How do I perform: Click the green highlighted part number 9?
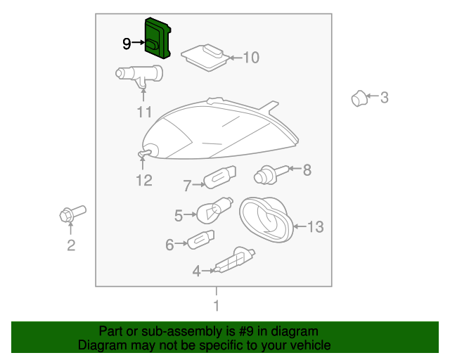(157, 38)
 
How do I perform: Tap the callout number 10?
(251, 58)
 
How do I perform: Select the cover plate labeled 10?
(205, 58)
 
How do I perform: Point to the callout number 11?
(144, 112)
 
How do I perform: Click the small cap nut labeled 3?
(359, 98)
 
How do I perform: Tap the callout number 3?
(385, 97)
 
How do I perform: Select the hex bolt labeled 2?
(72, 214)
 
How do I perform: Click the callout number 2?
(71, 245)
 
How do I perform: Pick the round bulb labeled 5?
(214, 210)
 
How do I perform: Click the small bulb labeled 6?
(201, 240)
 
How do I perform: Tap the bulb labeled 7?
(220, 177)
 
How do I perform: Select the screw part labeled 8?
(271, 174)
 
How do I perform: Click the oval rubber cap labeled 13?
(266, 219)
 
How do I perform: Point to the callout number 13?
(316, 227)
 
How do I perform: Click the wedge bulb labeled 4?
(234, 261)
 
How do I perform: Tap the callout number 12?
(143, 180)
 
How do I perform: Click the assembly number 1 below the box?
(217, 305)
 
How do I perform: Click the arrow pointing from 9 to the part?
(139, 42)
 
